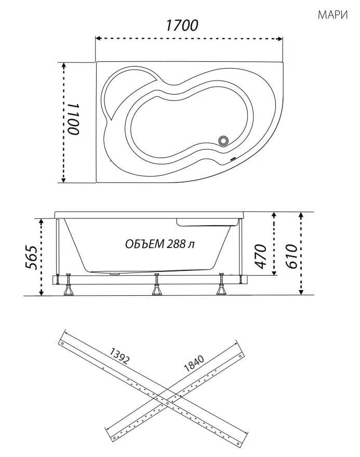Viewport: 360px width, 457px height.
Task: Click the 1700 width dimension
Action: (x=182, y=25)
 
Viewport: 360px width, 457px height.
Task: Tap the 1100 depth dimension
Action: (x=74, y=119)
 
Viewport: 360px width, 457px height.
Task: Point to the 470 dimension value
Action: (x=260, y=256)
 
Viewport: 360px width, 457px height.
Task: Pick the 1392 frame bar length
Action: (x=119, y=356)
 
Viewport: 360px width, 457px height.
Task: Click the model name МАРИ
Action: (x=332, y=15)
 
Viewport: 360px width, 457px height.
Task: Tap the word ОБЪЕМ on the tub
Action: (x=145, y=244)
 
